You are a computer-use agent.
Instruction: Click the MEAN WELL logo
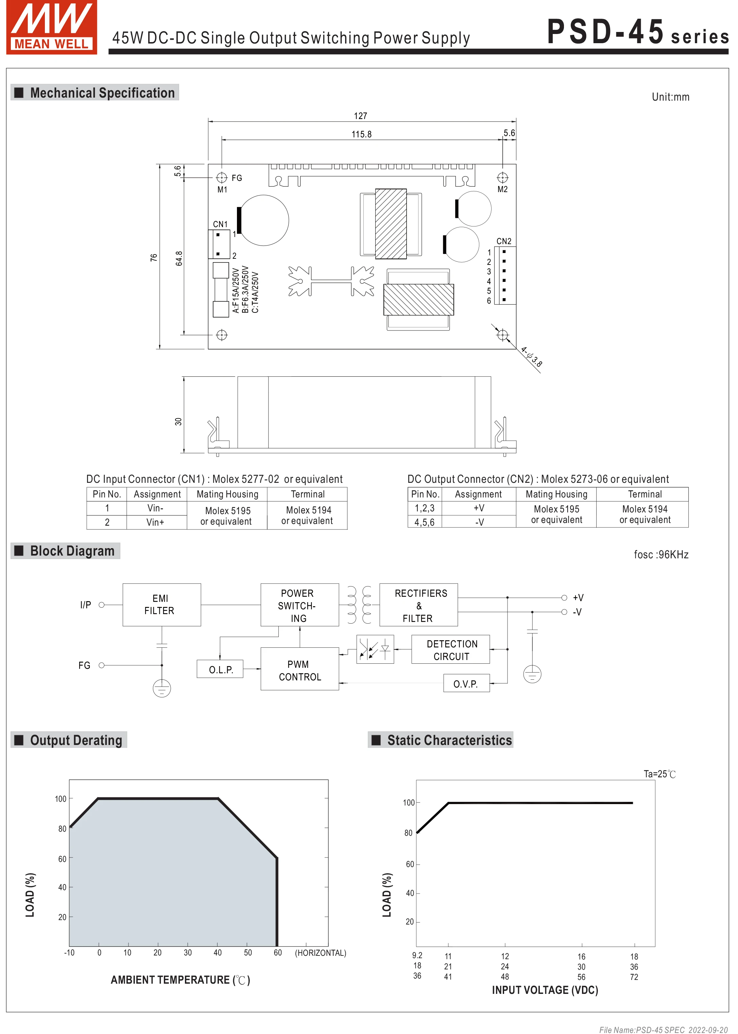pyautogui.click(x=51, y=27)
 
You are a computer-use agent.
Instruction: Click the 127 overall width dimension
pyautogui.click(x=360, y=116)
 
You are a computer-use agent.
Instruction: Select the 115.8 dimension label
pyautogui.click(x=361, y=134)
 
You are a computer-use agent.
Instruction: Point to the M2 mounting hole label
pyautogui.click(x=502, y=189)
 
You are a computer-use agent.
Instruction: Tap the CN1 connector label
pyautogui.click(x=220, y=224)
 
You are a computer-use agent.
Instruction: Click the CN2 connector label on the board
pyautogui.click(x=503, y=241)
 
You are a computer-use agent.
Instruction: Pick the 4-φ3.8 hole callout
pyautogui.click(x=531, y=357)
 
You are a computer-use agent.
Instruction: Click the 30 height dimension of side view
pyautogui.click(x=178, y=421)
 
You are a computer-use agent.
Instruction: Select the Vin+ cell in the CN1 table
pyautogui.click(x=155, y=522)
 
